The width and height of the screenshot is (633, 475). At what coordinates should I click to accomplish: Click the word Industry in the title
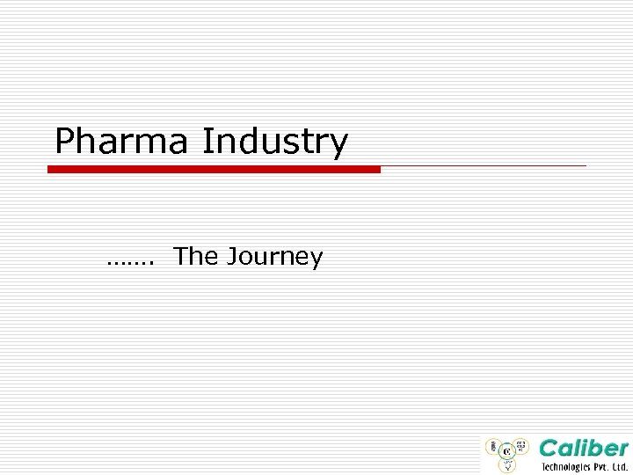[x=275, y=141]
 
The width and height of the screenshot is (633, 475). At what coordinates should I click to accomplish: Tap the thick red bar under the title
[x=214, y=169]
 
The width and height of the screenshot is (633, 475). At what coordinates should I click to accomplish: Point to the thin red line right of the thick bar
[x=484, y=165]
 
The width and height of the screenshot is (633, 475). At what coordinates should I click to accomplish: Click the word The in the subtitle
[x=195, y=256]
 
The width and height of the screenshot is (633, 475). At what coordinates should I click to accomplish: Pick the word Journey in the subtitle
[x=274, y=258]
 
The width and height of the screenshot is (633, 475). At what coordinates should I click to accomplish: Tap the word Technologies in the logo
[x=566, y=467]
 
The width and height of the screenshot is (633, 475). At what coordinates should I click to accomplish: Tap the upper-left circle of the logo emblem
[x=493, y=445]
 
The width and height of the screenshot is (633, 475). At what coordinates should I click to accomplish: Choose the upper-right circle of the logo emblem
[x=521, y=445]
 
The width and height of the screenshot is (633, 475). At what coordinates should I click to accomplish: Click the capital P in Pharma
[x=64, y=141]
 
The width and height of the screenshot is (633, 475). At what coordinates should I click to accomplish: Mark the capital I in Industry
[x=207, y=141]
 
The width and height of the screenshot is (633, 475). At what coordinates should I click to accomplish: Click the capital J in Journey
[x=232, y=257]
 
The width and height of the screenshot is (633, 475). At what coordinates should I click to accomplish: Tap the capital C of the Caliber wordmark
[x=550, y=448]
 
